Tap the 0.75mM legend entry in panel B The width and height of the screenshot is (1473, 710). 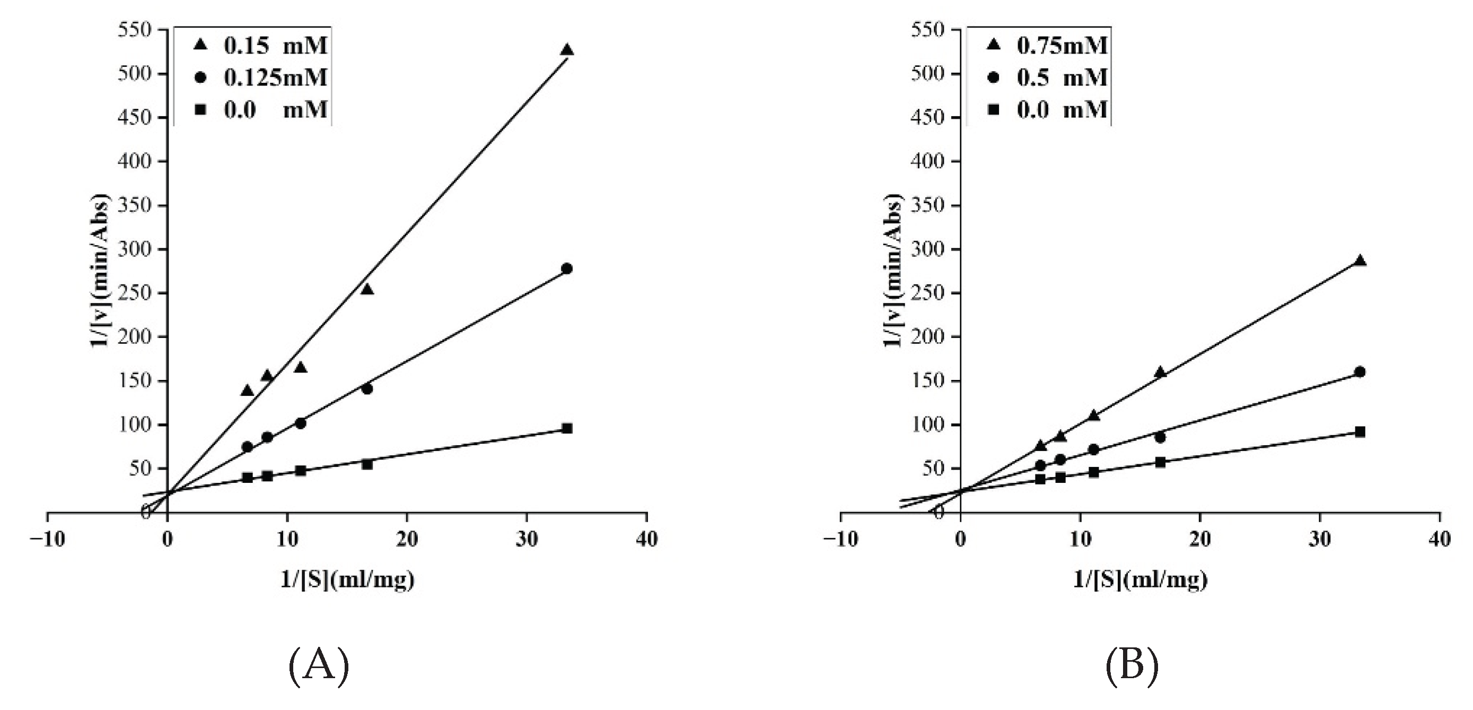(x=1050, y=45)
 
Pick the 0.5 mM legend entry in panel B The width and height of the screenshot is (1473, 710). (x=1050, y=78)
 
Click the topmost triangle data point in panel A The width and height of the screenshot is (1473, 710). (x=567, y=50)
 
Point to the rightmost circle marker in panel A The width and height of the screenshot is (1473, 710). (x=567, y=269)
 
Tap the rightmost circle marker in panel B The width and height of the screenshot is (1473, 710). (x=1360, y=372)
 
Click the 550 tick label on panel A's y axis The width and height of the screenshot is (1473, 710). (x=135, y=30)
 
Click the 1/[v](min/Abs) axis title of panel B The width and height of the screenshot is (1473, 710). (x=893, y=270)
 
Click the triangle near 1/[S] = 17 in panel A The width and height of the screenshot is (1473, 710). (x=367, y=290)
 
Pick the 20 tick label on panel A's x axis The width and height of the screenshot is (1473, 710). (x=407, y=539)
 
